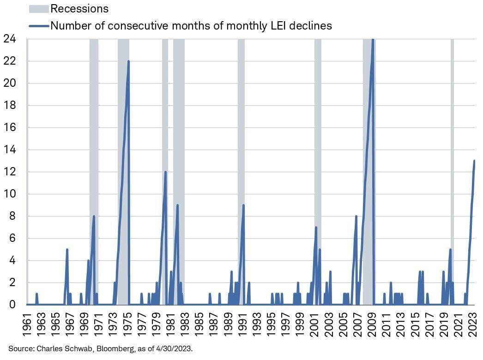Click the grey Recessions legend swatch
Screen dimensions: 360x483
point(38,8)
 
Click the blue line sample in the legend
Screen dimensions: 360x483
point(38,26)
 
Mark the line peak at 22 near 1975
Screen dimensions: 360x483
point(128,61)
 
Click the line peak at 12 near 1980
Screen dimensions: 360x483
point(165,172)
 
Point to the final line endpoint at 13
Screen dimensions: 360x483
point(474,161)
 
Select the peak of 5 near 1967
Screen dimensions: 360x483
point(67,249)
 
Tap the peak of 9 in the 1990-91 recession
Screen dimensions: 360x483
point(243,205)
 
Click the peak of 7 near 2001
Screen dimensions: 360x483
point(316,227)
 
